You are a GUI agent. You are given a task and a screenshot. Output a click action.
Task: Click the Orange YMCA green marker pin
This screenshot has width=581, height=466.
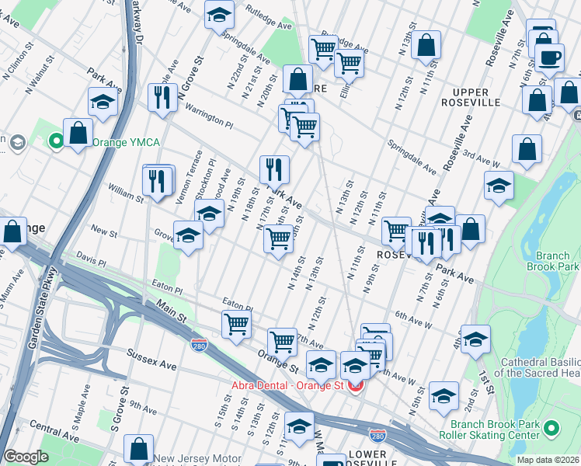click(56, 142)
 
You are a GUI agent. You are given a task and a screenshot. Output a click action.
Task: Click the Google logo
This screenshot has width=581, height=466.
click(26, 457)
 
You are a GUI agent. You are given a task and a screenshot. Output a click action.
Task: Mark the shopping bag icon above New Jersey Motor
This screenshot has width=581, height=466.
click(138, 449)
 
